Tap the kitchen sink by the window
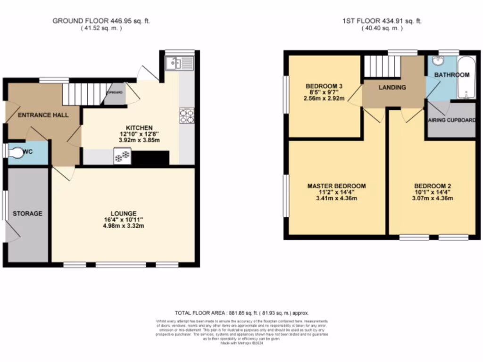pos(180,63)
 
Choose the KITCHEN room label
pos(139,128)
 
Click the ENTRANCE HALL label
pos(43,115)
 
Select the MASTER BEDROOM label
pos(336,186)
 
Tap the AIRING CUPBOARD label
pos(451,120)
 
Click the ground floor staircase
pos(83,94)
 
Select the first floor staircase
pos(381,66)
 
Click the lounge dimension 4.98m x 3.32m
pos(124,226)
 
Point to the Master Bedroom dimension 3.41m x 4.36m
pos(336,198)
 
